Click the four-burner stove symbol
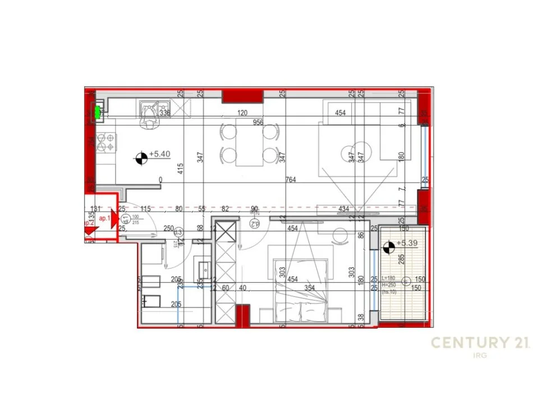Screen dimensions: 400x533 (x=106, y=142)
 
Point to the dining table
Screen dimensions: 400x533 (x=249, y=143)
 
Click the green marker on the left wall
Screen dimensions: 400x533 (x=98, y=112)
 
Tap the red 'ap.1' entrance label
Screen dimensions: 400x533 (x=104, y=218)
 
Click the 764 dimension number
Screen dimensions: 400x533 (x=291, y=180)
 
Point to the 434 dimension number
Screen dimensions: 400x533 (x=344, y=210)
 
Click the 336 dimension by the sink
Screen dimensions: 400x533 (x=165, y=113)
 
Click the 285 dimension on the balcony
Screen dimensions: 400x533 (x=401, y=259)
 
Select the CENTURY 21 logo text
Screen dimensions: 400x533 (x=479, y=343)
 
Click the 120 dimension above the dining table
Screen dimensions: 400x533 (x=242, y=113)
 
